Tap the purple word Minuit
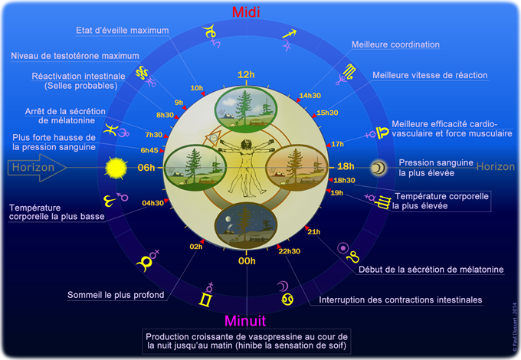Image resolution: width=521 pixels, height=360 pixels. [246, 320]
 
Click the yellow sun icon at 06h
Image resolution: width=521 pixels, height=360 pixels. [116, 166]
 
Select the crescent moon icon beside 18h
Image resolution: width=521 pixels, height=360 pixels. [378, 167]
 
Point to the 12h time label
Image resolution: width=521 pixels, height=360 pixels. [245, 74]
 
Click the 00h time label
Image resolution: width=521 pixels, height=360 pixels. [246, 261]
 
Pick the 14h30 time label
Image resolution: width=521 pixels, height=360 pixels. [310, 96]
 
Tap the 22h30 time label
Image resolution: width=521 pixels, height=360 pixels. [289, 251]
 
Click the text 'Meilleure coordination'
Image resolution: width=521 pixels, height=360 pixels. [395, 44]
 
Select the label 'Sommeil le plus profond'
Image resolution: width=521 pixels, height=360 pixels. [115, 293]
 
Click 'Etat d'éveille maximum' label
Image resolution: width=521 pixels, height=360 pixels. [123, 31]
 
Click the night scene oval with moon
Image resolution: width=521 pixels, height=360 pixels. [246, 222]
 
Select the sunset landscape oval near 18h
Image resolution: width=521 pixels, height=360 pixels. [297, 167]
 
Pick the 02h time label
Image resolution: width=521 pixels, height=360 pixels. [195, 246]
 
